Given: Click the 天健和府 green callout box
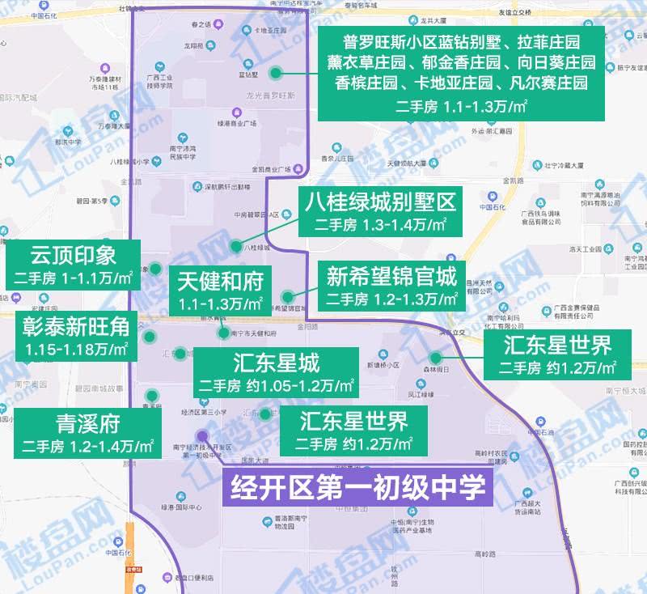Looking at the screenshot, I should point(221,291).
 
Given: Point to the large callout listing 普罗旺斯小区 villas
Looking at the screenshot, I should point(459,72).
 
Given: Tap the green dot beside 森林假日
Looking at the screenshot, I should point(435,358).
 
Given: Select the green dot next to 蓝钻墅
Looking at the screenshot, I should point(276,74).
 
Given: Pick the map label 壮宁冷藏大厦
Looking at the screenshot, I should point(563,165).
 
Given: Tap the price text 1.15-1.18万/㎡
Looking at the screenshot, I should point(77,350).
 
